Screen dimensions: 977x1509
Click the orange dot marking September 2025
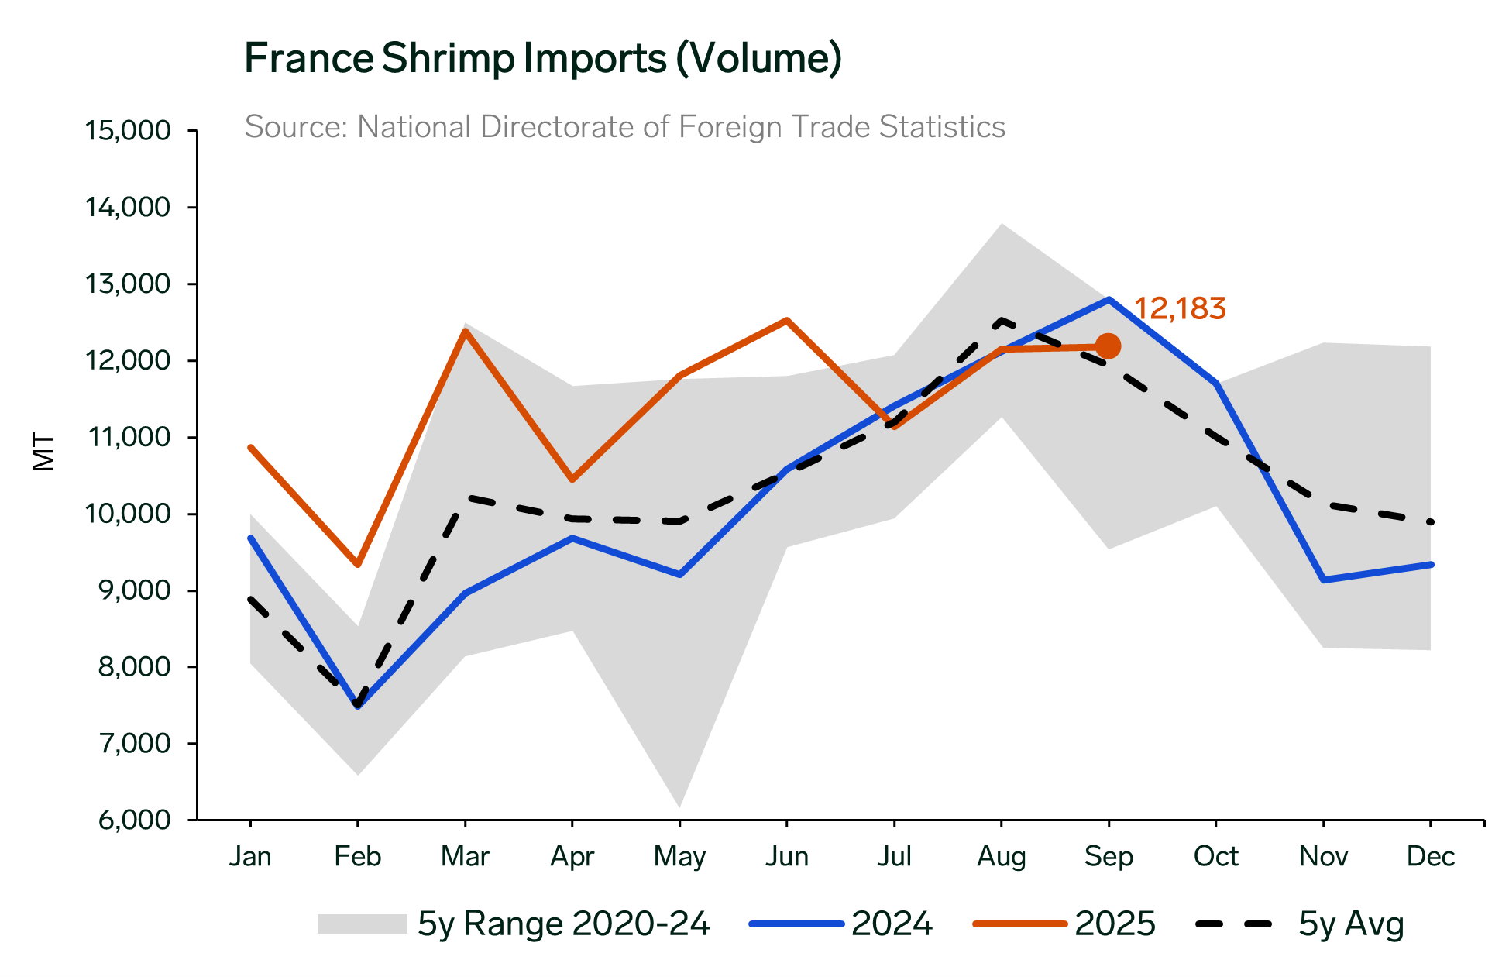(x=1108, y=346)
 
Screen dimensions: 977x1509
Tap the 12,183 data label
(x=1179, y=309)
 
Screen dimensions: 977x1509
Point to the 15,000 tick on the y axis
(x=127, y=130)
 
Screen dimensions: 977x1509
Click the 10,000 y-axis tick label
(x=127, y=514)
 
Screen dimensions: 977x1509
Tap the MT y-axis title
(x=44, y=452)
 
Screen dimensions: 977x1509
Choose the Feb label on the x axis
(x=357, y=857)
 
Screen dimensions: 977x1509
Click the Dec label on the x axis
(x=1430, y=857)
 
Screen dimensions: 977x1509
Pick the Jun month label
(x=786, y=857)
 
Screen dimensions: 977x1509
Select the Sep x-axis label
(x=1109, y=857)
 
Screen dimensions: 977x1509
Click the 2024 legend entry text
(x=892, y=924)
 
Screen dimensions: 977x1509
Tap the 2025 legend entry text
(x=1115, y=924)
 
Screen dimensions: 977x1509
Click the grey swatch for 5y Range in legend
(x=362, y=924)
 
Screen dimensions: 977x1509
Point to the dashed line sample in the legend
(x=1233, y=924)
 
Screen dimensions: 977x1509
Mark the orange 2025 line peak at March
(x=465, y=331)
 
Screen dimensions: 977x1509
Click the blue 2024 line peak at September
(x=1109, y=299)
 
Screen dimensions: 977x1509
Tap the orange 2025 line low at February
(x=357, y=564)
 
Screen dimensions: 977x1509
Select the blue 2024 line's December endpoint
(x=1430, y=565)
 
